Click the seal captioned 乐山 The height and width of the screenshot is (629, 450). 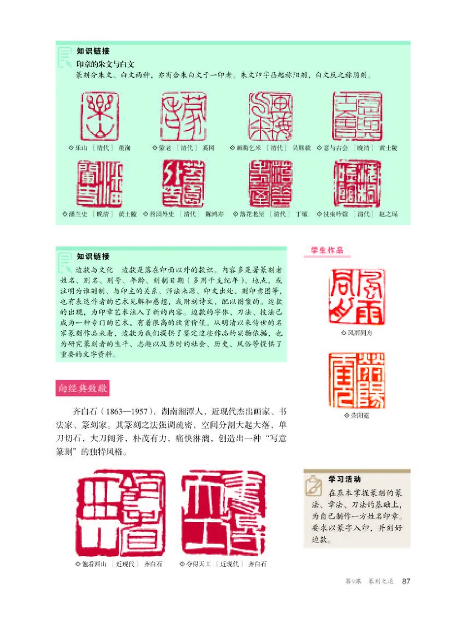tap(100, 116)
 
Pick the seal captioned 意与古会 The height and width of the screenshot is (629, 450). tap(357, 116)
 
